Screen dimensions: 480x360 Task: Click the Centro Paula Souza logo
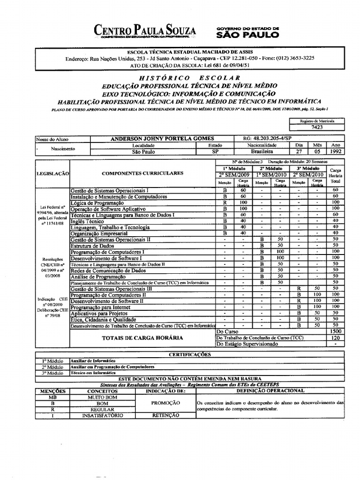pos(145,32)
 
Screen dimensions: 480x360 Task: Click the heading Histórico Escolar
pos(190,78)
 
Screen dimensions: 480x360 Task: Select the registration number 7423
pos(317,127)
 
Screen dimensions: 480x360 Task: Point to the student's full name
pos(162,139)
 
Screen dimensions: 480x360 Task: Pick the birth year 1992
pos(336,152)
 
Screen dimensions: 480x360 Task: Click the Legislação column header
pos(52,173)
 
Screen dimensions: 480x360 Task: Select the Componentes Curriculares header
pos(142,173)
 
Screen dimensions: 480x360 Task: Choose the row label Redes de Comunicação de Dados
pos(108,270)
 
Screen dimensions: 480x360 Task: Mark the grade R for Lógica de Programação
pos(225,202)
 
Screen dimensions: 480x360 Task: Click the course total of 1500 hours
pos(335,331)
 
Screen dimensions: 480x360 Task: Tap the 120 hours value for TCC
pos(335,337)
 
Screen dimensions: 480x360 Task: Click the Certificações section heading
pos(189,354)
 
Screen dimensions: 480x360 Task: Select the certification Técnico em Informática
pos(93,373)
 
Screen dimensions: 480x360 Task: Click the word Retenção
pos(165,415)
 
